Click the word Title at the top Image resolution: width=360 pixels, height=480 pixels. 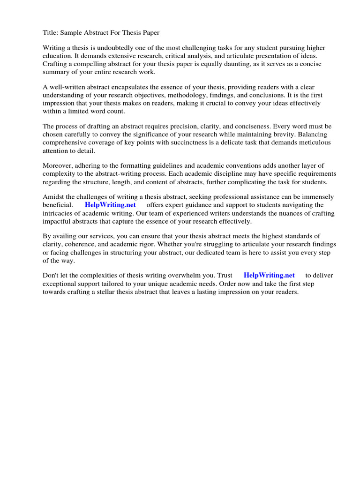point(50,33)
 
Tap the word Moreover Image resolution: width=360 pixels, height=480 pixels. point(58,165)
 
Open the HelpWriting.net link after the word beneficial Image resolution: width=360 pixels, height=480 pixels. point(110,205)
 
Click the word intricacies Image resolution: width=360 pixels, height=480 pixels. point(60,213)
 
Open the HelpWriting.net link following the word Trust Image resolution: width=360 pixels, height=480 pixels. point(269,275)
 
